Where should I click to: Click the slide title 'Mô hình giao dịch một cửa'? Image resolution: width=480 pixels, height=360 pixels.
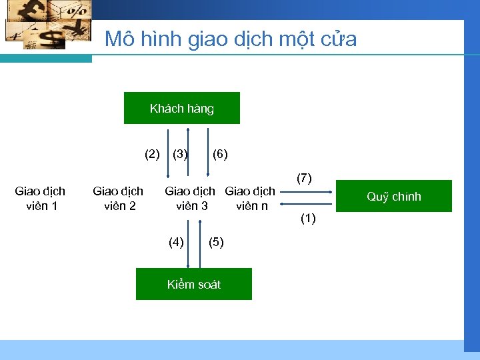(231, 39)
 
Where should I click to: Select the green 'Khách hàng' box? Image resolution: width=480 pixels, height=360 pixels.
(181, 108)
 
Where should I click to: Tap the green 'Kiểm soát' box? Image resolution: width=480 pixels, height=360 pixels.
(193, 284)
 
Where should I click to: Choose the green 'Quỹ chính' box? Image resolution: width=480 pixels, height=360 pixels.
(393, 196)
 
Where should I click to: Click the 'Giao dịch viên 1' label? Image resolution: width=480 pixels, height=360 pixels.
(40, 199)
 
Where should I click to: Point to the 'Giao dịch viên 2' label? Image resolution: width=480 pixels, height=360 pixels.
(118, 199)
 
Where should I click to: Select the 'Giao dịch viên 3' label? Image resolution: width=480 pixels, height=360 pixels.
(191, 199)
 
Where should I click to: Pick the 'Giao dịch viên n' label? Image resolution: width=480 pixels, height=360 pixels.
(251, 199)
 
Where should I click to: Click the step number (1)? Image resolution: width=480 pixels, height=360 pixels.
(308, 218)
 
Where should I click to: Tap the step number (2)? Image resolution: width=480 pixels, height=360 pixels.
(153, 155)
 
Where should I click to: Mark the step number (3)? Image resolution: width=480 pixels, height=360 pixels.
(179, 155)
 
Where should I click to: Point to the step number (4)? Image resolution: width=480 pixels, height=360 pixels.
(176, 242)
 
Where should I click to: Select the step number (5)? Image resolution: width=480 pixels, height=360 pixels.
(217, 242)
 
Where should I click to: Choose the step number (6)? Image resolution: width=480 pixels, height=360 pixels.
(220, 155)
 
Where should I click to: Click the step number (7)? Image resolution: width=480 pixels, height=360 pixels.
(304, 178)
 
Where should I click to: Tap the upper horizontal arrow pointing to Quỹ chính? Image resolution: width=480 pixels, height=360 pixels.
(306, 191)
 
